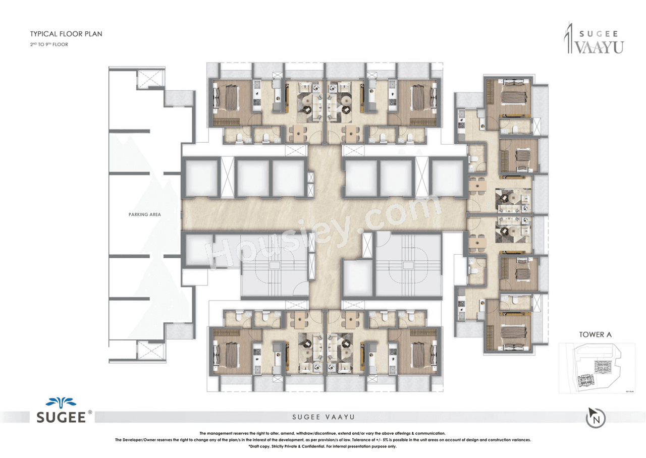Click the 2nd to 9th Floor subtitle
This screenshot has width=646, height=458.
tap(49, 44)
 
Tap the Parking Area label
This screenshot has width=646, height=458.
tap(144, 214)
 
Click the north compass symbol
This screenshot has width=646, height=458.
tap(596, 418)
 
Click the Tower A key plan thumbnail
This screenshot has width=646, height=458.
tap(597, 368)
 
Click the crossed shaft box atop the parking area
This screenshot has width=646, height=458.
tap(150, 79)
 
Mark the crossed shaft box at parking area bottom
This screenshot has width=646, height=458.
tap(150, 350)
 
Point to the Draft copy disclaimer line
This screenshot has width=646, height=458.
tap(322, 447)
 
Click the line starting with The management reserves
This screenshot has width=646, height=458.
tap(322, 433)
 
